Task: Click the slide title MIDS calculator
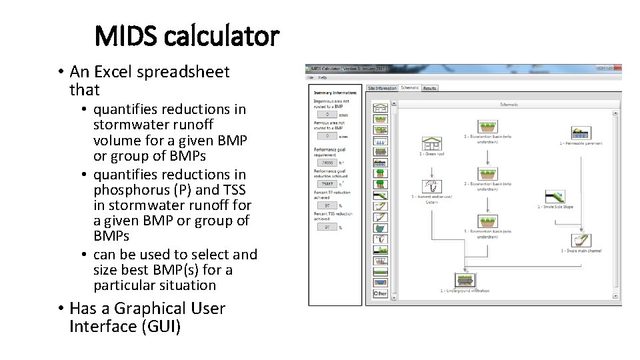(x=186, y=36)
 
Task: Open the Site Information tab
(x=382, y=88)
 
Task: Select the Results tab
(x=430, y=88)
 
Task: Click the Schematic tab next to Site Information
(x=410, y=87)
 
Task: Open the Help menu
(x=323, y=77)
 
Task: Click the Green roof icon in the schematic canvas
(x=431, y=143)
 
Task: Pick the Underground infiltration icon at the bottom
(x=465, y=280)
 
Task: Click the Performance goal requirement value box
(x=326, y=162)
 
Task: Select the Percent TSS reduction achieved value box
(x=326, y=227)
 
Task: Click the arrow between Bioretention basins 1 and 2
(x=488, y=154)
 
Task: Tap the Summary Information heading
(x=335, y=93)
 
